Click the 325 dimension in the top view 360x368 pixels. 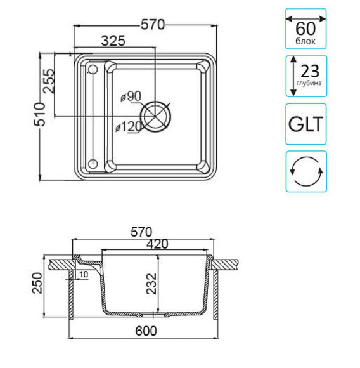pos(113,40)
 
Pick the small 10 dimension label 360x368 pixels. pos(83,274)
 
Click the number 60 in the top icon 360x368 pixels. pos(305,28)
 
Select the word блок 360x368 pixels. pos(305,41)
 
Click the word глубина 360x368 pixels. pos(311,83)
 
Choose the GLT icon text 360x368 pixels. pos(305,124)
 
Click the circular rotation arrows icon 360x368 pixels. pos(305,171)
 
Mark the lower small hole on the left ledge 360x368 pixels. pos(93,164)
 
